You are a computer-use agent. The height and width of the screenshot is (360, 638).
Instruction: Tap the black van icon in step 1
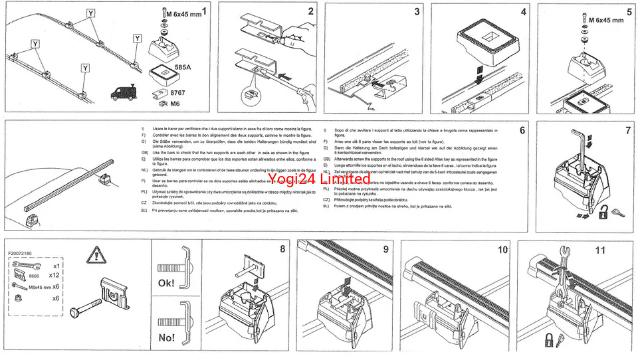(122, 92)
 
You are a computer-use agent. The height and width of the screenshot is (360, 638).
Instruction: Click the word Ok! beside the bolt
(167, 283)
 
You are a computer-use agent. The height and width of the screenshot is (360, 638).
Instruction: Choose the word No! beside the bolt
(167, 337)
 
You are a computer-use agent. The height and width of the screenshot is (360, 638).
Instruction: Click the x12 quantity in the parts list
(55, 274)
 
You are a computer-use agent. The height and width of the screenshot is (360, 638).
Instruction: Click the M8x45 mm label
(39, 286)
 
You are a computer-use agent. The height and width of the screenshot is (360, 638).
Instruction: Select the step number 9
(385, 250)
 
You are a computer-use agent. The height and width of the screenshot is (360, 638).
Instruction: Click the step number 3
(417, 11)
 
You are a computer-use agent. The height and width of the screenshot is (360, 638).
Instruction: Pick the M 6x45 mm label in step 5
(609, 20)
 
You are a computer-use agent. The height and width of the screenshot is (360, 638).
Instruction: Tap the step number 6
(522, 131)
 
